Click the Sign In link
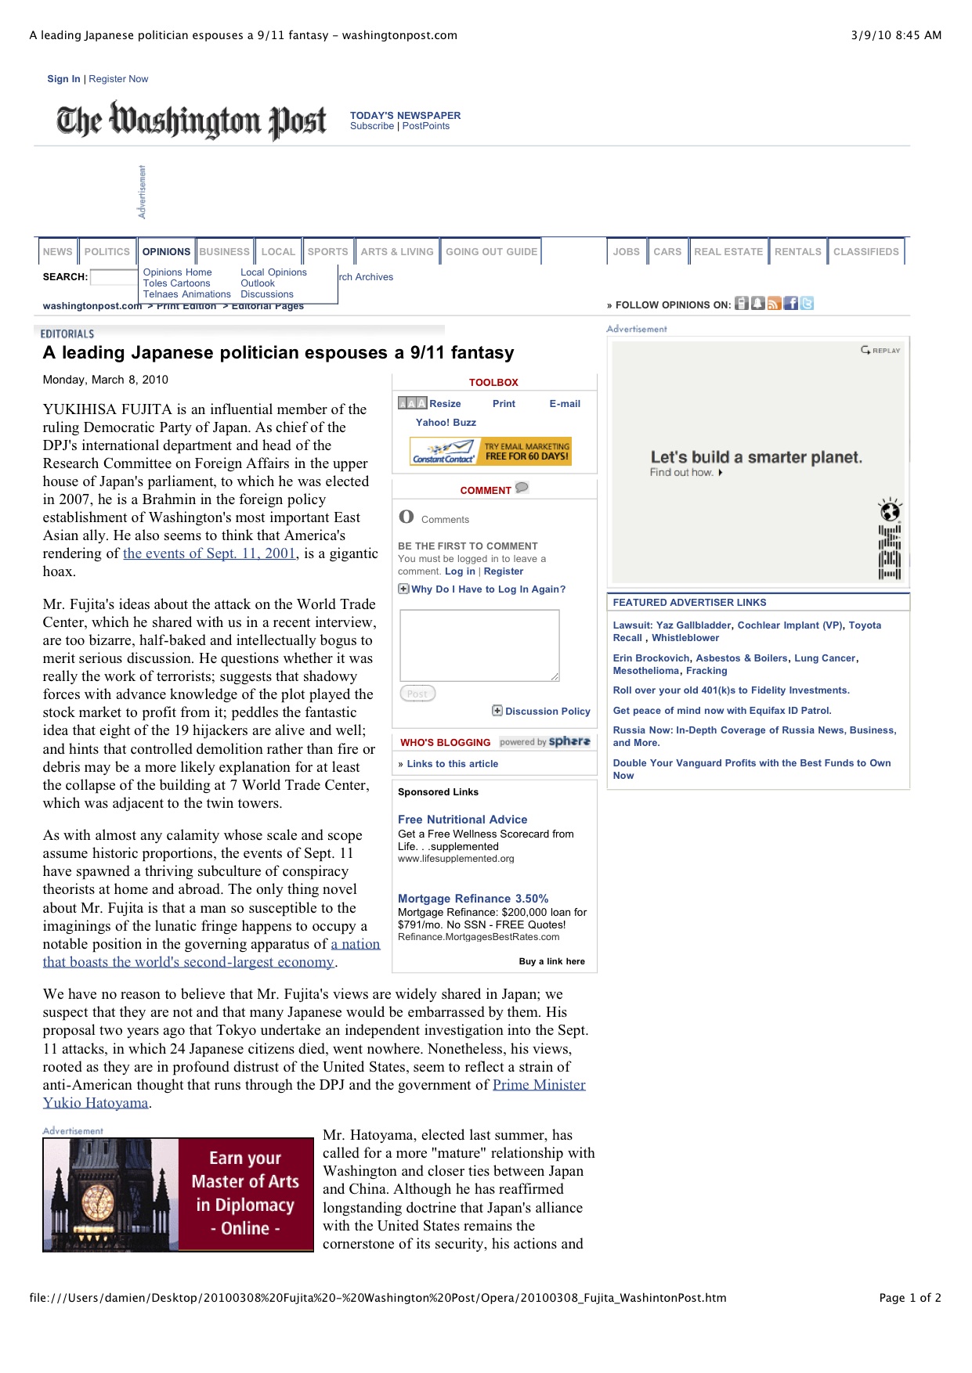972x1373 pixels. pos(63,79)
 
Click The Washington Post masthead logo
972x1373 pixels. pos(191,121)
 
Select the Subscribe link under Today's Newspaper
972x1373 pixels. pos(372,126)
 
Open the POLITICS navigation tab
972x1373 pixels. pos(107,252)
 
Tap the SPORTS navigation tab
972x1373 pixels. pos(327,252)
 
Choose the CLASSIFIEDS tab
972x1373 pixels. pos(865,252)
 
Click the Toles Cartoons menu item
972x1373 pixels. pos(176,283)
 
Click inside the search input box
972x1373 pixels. pos(114,277)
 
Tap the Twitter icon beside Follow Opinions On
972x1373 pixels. pos(808,304)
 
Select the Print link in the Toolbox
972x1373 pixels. pos(504,404)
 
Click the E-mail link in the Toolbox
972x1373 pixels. pos(565,404)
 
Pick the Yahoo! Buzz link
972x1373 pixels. pos(446,423)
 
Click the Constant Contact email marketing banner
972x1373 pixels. pos(491,452)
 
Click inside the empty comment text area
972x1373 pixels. pos(479,645)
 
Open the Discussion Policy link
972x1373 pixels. pos(547,712)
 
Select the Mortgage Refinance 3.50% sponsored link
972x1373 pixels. pos(473,899)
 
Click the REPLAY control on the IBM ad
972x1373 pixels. pos(881,350)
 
